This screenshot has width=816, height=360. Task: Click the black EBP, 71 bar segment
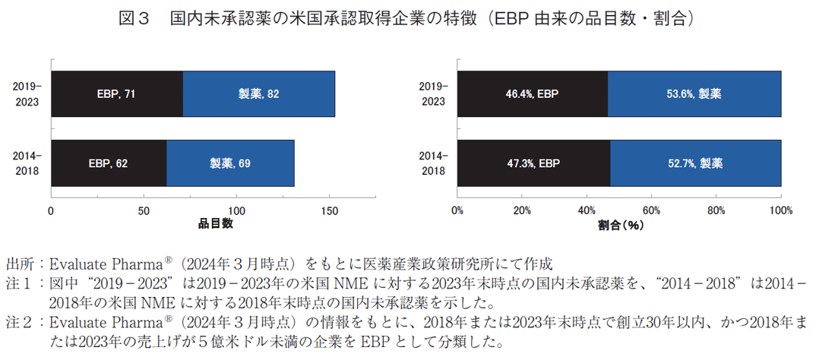point(117,94)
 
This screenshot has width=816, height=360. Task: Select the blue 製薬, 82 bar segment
point(259,94)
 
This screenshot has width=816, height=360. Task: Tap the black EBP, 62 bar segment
point(109,163)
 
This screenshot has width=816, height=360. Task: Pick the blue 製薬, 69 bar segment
point(230,163)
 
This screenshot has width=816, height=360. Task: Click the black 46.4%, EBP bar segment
point(532,94)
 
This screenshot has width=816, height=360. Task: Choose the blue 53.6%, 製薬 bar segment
point(694,94)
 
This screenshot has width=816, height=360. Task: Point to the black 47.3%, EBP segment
point(533,163)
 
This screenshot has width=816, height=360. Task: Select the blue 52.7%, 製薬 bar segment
point(696,163)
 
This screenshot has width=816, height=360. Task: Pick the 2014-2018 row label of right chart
point(433,163)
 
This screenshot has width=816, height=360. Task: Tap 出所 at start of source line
point(20,264)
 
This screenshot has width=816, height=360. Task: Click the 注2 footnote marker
point(20,322)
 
